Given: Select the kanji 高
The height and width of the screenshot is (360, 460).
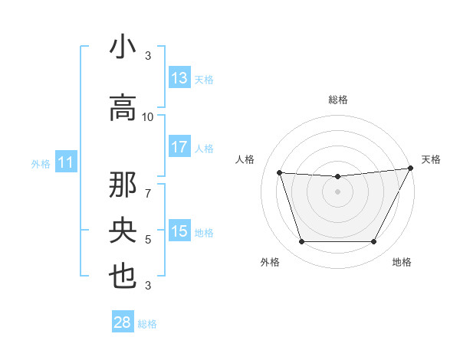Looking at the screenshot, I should click(123, 109).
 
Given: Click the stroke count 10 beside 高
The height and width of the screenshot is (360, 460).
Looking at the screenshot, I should click(148, 117).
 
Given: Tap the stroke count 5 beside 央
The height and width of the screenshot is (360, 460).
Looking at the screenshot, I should click(148, 240).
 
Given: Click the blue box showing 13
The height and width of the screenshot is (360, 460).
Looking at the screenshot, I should click(179, 78).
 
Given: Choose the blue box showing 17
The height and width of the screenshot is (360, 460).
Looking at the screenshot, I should click(179, 147).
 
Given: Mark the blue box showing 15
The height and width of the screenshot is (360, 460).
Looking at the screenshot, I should click(179, 231).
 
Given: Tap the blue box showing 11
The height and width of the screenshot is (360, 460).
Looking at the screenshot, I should click(66, 162).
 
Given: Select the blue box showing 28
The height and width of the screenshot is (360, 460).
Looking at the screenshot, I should click(123, 322).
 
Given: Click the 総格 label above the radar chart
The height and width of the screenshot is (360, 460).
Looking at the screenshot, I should click(338, 100).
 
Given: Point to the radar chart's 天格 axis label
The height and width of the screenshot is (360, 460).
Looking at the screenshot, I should click(431, 159).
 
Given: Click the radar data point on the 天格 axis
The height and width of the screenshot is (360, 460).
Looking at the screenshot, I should click(411, 169).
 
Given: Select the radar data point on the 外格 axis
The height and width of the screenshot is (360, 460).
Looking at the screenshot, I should click(301, 242).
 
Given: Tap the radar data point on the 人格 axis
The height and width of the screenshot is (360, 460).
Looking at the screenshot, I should click(280, 173).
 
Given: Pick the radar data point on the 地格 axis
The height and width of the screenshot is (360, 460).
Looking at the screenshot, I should click(373, 242).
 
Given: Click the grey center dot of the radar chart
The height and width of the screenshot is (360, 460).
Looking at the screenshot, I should click(337, 192).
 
